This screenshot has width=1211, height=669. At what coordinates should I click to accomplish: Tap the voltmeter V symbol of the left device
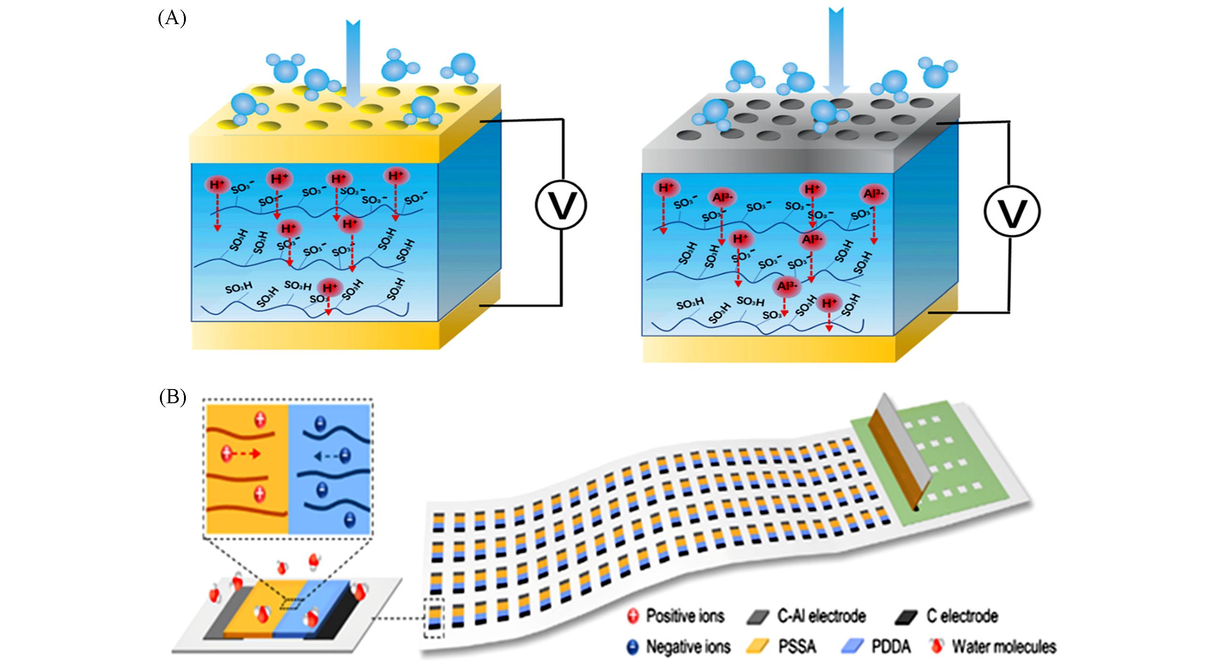560,206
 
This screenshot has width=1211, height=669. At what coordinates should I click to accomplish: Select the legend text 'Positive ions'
685,616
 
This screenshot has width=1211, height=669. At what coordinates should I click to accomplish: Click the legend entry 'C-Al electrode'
821,616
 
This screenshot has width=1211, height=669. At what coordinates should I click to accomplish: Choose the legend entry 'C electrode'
962,616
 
